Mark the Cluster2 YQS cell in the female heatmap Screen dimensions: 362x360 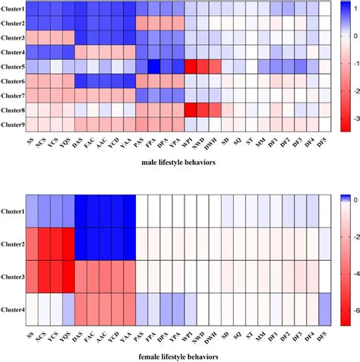click(68, 244)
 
